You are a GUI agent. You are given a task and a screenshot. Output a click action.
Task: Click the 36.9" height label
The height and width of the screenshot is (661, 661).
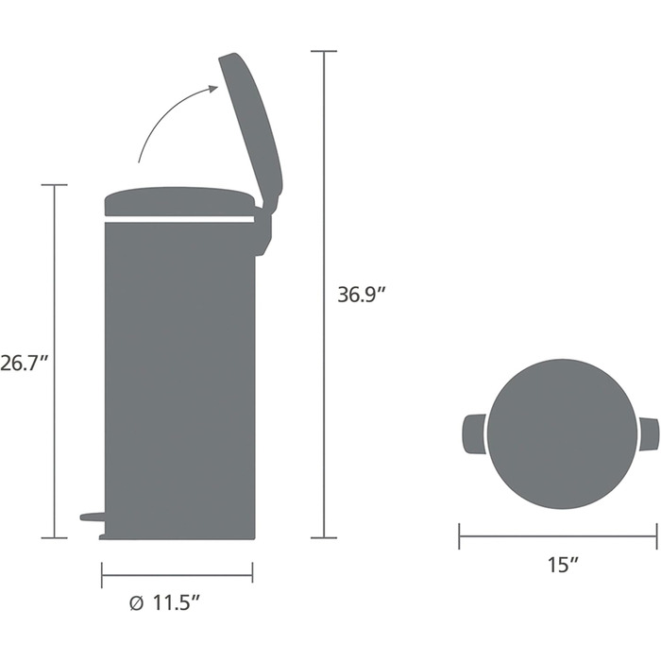click(x=363, y=294)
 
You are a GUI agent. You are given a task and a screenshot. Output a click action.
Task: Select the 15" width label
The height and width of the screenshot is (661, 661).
click(x=561, y=566)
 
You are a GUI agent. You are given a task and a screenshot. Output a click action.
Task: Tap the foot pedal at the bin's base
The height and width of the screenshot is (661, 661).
click(x=93, y=517)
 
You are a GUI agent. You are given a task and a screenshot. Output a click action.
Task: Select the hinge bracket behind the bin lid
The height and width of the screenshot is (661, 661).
click(x=263, y=231)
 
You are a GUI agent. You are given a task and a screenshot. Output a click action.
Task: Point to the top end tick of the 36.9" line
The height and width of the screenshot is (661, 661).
click(x=324, y=51)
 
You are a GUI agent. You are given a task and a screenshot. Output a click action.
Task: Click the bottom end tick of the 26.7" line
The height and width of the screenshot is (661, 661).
click(x=54, y=538)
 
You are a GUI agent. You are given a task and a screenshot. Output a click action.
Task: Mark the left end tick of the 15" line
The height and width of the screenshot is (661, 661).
click(x=460, y=537)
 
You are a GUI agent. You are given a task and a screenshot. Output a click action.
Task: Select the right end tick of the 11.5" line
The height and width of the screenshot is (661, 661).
click(x=252, y=573)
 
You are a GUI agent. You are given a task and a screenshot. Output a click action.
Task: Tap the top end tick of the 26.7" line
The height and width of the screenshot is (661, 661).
click(x=54, y=185)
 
